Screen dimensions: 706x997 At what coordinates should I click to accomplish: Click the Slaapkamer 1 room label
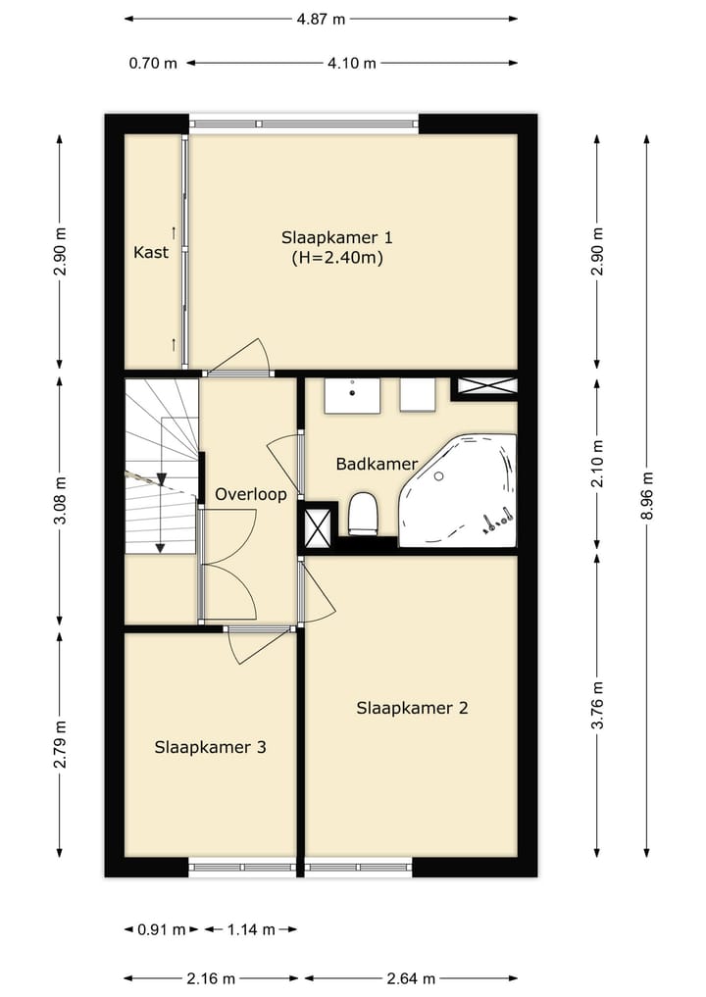point(337,238)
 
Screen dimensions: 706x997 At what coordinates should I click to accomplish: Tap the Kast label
point(151,252)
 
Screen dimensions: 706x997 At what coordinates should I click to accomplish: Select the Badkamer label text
point(377,464)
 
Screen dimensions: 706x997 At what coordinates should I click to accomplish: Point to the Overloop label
point(251,495)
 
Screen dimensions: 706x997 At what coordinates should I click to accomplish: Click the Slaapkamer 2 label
point(412,709)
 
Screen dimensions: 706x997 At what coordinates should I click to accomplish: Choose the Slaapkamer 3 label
point(210,747)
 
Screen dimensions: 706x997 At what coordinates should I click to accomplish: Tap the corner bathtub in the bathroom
point(457,490)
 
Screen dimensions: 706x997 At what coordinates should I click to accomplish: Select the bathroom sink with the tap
point(352,395)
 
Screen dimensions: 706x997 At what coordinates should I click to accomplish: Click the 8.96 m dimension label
point(647,496)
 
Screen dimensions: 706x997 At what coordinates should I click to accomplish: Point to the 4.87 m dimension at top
point(321,19)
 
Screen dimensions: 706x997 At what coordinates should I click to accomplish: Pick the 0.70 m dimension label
point(153,63)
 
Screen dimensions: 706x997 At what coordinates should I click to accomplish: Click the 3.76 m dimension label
point(597,705)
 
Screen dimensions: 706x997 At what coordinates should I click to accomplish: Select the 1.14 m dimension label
point(251,929)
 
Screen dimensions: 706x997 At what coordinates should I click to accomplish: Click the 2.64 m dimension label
point(411,978)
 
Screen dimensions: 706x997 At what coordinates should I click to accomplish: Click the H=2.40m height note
point(337,258)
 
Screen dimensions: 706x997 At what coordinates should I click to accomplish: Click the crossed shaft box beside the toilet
point(318,524)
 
